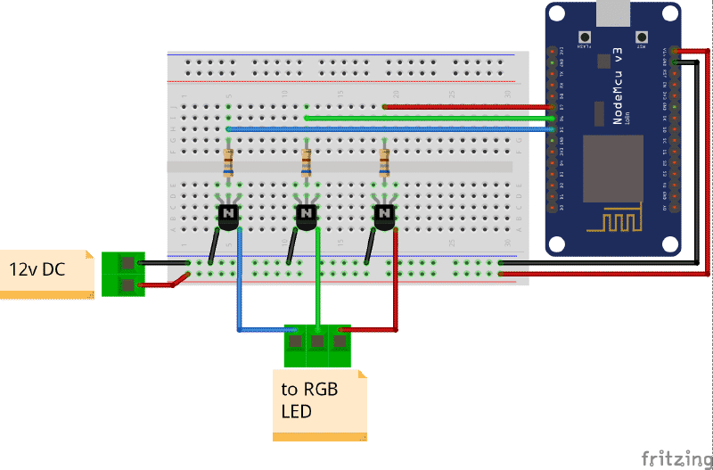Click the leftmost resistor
click(229, 163)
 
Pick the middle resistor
click(306, 163)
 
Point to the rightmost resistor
click(384, 163)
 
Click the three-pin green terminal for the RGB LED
click(317, 344)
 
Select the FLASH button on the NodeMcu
click(586, 38)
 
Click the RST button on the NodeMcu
click(641, 38)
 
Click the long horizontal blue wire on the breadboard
click(383, 129)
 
